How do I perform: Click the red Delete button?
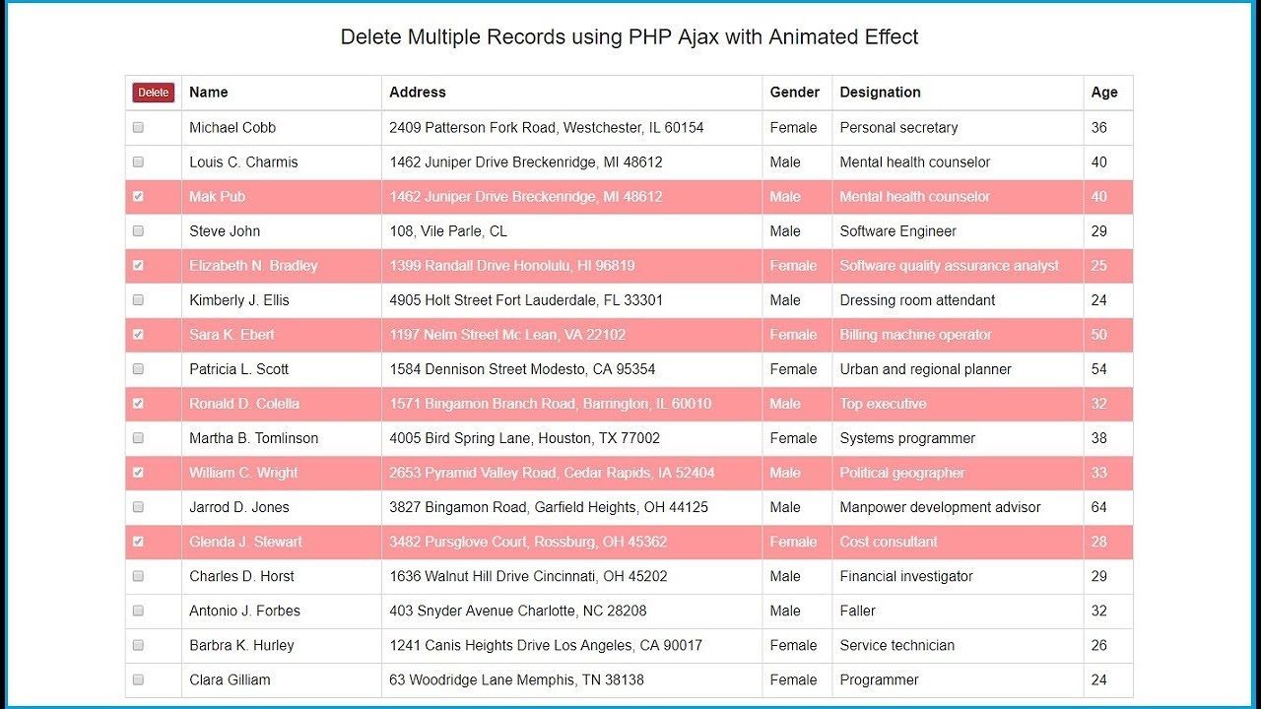click(153, 93)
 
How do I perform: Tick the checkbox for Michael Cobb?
click(138, 128)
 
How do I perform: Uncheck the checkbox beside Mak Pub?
click(138, 197)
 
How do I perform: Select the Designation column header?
click(880, 93)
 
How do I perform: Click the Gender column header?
click(794, 93)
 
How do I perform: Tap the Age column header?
click(1103, 93)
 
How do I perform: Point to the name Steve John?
click(225, 231)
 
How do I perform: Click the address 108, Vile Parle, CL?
click(448, 231)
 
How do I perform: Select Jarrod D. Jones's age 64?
click(1098, 507)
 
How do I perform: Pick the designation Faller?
click(857, 611)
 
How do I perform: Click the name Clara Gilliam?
click(230, 679)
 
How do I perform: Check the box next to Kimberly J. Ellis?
click(138, 300)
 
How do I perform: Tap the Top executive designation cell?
click(883, 404)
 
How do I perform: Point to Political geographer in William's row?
click(901, 473)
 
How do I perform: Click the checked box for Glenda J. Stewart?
click(138, 542)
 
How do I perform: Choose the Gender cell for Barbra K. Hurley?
click(793, 645)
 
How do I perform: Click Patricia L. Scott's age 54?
click(1098, 369)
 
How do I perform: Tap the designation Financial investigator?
click(905, 576)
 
